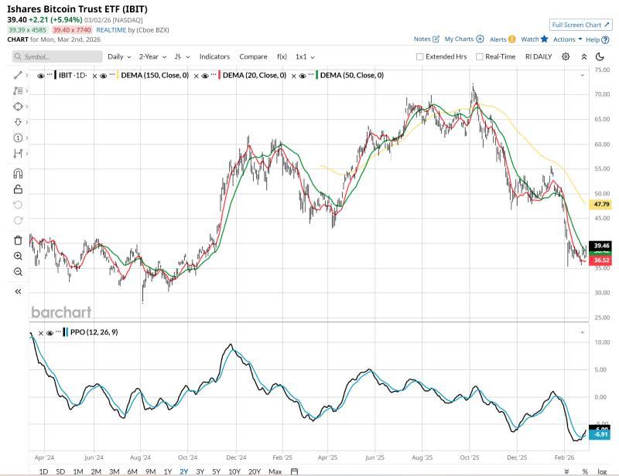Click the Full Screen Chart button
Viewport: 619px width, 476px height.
[580, 25]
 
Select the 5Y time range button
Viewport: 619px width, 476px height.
[217, 471]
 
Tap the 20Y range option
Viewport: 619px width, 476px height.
[255, 471]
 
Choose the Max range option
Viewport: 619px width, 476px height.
[275, 471]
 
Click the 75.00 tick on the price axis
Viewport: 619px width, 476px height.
[601, 70]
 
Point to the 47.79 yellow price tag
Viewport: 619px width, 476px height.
[600, 205]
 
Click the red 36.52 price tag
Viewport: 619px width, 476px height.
[600, 261]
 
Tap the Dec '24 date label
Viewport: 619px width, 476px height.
[236, 457]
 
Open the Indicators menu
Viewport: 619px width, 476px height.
[214, 56]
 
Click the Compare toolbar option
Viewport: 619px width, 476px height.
[253, 56]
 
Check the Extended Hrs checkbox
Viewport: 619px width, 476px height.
[420, 56]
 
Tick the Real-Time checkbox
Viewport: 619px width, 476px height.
[480, 56]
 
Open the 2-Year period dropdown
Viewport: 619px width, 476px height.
[152, 56]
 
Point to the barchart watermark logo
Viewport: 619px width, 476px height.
[61, 312]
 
